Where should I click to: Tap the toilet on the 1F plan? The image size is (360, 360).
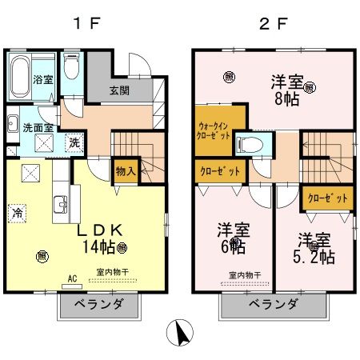pyautogui.click(x=70, y=70)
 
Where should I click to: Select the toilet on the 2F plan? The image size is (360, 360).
pyautogui.click(x=254, y=145)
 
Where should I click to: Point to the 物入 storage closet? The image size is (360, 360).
pyautogui.click(x=125, y=170)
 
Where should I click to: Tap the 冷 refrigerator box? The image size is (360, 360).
pyautogui.click(x=17, y=213)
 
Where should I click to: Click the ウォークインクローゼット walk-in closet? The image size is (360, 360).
pyautogui.click(x=214, y=130)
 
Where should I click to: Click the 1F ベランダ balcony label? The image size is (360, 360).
pyautogui.click(x=94, y=304)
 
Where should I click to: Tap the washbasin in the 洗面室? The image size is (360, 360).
pyautogui.click(x=14, y=123)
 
